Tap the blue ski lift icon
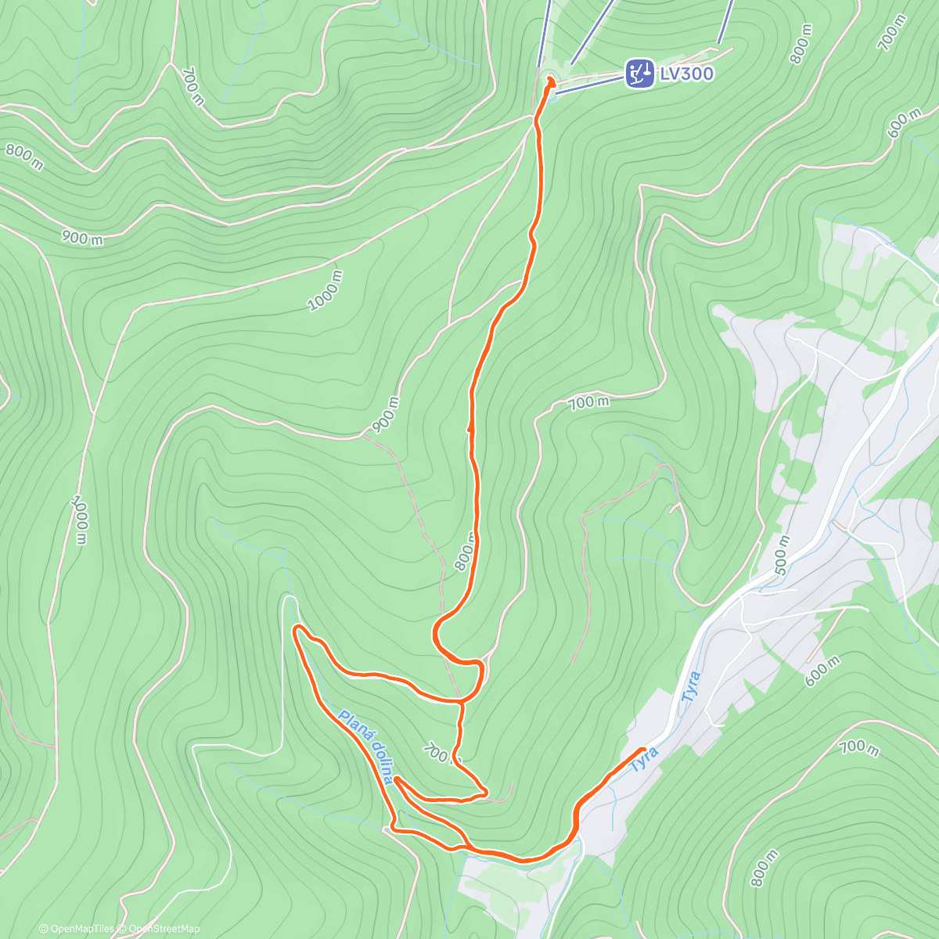click(639, 74)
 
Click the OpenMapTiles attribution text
click(80, 929)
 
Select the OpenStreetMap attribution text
click(164, 929)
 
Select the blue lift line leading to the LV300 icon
click(591, 84)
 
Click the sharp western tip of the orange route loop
click(294, 628)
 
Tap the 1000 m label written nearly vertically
click(80, 519)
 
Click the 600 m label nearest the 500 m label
click(822, 671)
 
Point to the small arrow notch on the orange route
click(469, 428)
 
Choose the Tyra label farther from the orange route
click(690, 687)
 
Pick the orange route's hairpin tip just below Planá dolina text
click(397, 779)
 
